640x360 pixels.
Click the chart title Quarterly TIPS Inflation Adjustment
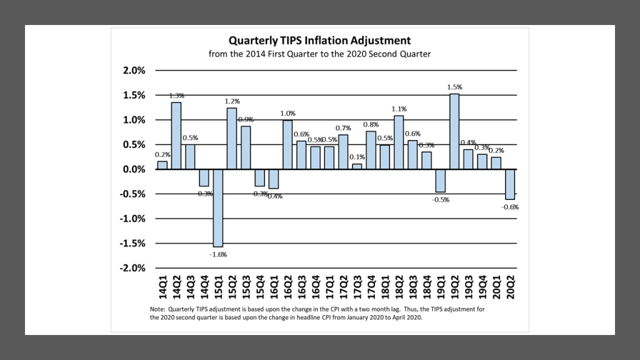[319, 41]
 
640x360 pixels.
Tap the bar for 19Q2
[454, 131]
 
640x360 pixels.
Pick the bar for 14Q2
[176, 136]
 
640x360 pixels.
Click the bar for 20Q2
[511, 184]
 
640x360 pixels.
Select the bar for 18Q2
[399, 142]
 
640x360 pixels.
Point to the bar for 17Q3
[357, 166]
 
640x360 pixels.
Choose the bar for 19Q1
[441, 181]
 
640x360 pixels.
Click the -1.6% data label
[218, 254]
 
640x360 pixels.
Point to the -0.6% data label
[511, 207]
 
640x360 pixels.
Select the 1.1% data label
[399, 109]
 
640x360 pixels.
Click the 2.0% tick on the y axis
[132, 71]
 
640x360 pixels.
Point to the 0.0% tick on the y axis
[132, 169]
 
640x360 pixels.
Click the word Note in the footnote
[157, 309]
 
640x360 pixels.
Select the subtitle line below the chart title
[319, 54]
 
